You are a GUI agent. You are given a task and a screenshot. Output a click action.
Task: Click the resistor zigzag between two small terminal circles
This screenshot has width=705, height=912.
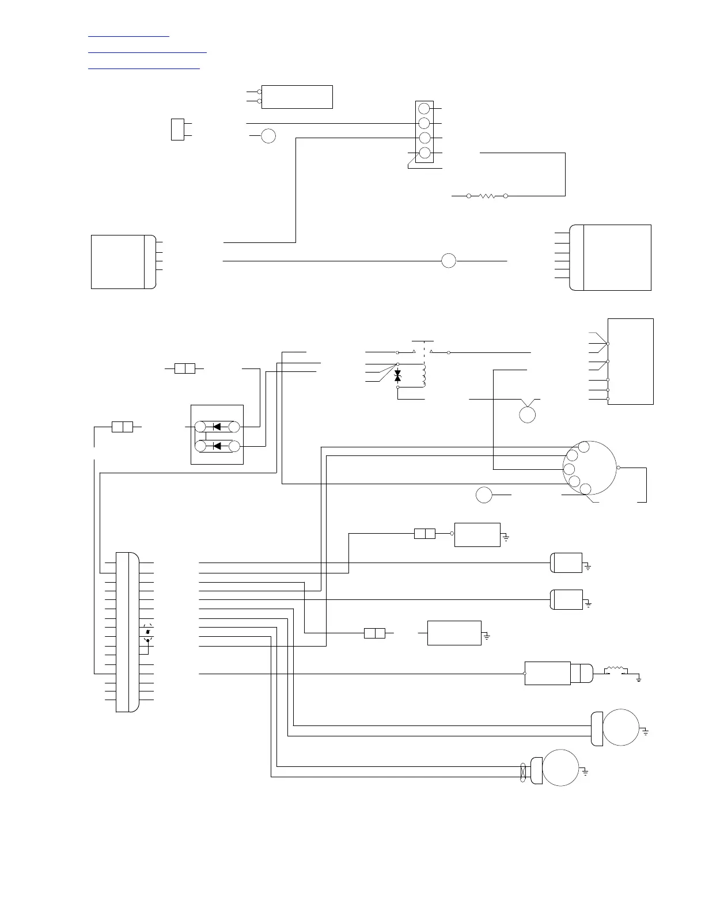tap(487, 196)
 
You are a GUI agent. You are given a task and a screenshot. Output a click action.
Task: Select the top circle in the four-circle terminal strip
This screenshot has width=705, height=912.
tap(424, 109)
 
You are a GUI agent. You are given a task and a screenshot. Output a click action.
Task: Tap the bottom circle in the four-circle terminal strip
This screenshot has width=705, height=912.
tap(424, 153)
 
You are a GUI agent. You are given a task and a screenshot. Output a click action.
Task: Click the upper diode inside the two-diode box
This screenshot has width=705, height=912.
tap(217, 427)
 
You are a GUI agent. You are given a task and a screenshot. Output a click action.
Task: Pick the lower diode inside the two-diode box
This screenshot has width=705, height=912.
tap(217, 446)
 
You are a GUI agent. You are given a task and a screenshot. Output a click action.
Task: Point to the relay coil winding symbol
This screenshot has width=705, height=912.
tap(425, 375)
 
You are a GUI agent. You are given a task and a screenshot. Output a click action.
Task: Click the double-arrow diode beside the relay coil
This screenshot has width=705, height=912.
tap(397, 376)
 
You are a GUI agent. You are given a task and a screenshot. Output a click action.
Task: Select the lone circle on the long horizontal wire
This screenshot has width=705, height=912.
tap(449, 261)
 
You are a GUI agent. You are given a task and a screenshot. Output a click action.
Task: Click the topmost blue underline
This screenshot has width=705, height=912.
tap(129, 37)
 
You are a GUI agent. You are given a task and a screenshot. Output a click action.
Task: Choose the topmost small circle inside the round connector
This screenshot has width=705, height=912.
tap(584, 447)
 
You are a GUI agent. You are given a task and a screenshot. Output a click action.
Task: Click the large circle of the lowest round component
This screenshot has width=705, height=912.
tap(560, 767)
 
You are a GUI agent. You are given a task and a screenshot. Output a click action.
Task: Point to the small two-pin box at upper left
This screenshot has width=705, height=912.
tap(177, 129)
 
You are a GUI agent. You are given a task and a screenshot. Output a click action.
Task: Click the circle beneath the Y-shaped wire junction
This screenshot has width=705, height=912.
tap(528, 415)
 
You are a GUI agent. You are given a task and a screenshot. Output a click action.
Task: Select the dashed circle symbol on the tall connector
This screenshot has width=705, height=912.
tap(148, 632)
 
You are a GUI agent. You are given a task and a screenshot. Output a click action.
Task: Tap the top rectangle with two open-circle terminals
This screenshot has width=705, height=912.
tap(297, 97)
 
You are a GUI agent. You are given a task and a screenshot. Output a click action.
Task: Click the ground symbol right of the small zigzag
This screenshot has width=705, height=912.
tap(639, 679)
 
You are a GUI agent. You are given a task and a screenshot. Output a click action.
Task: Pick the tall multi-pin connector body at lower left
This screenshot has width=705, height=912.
tap(127, 632)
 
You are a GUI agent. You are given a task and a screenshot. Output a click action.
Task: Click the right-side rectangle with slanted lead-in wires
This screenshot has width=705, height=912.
tap(631, 361)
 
